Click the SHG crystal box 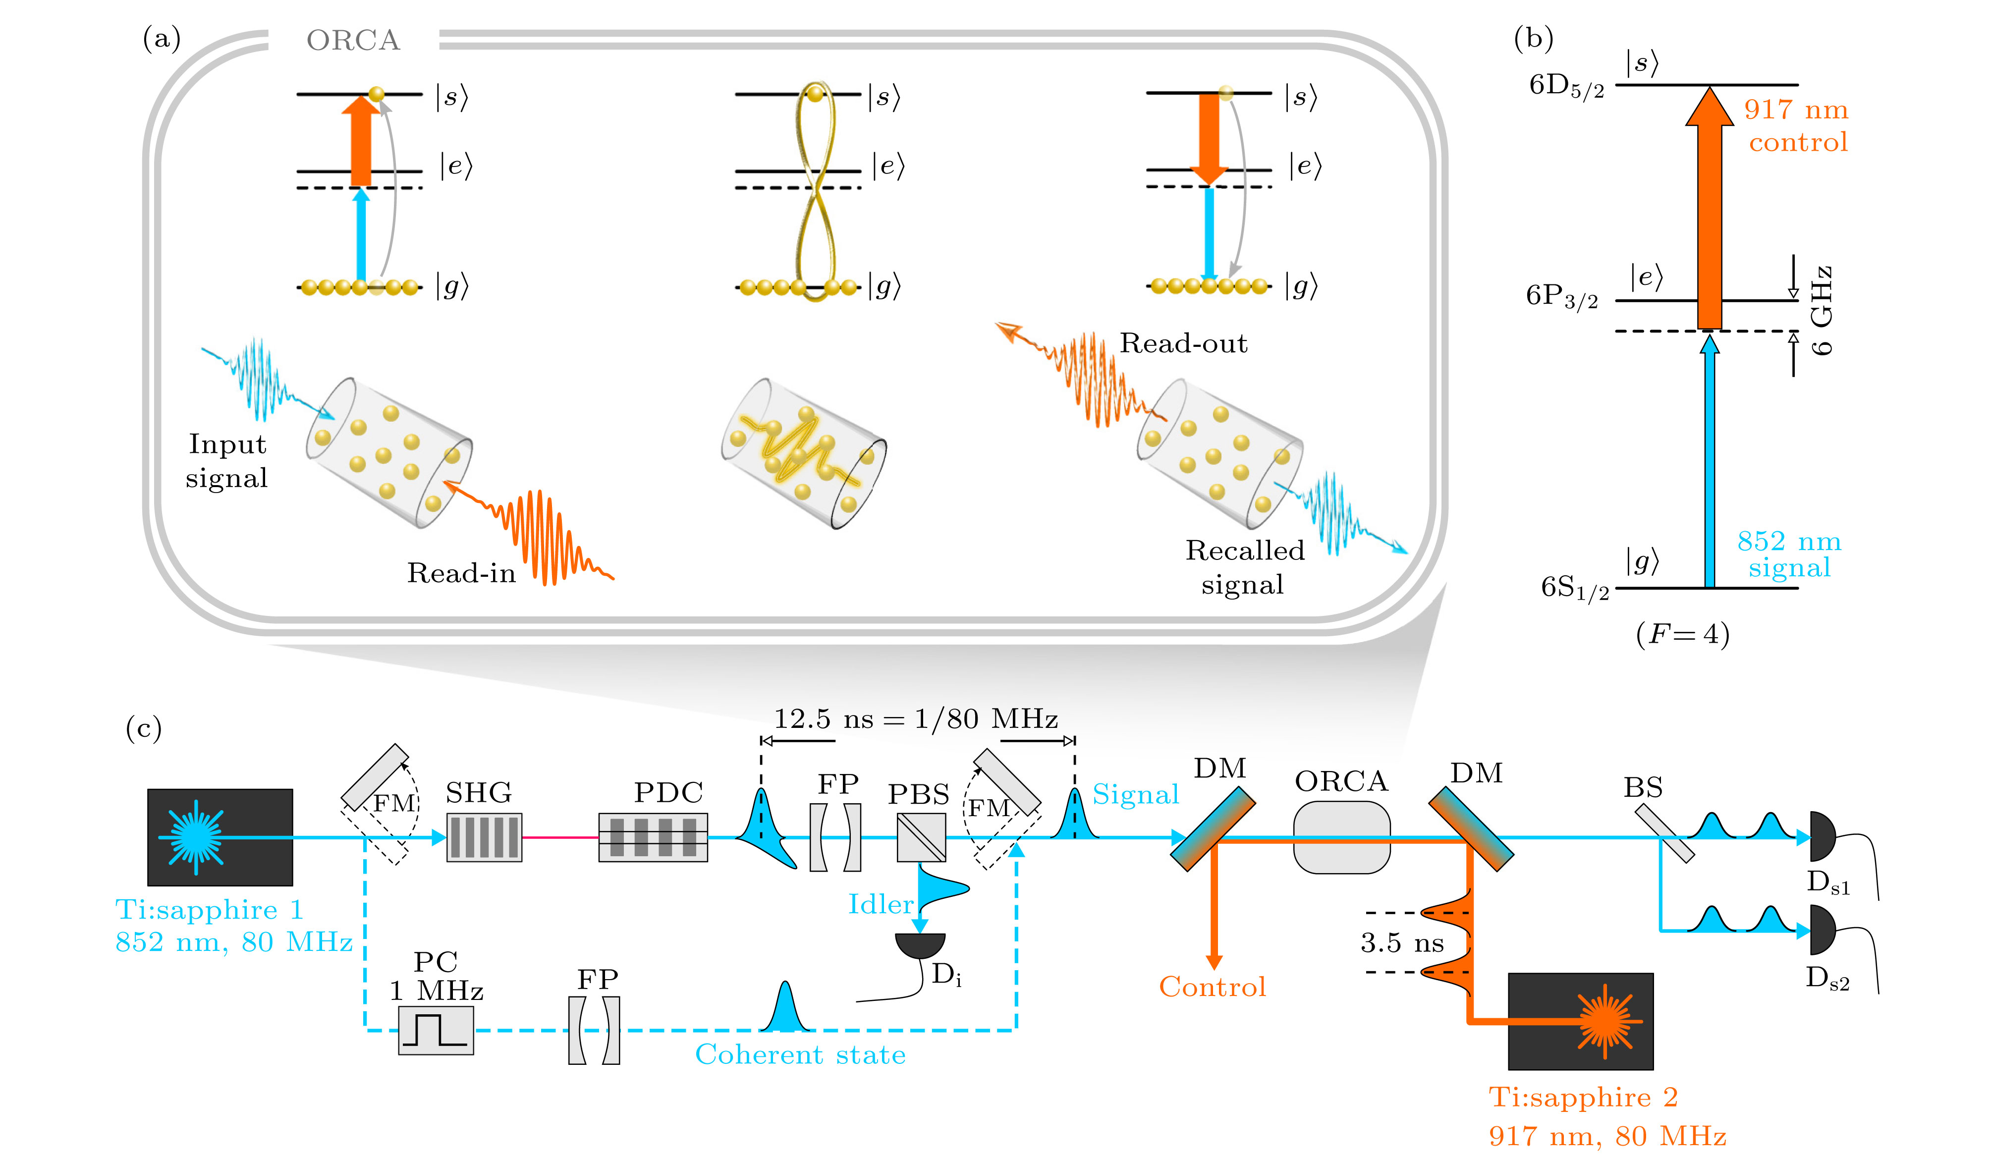pyautogui.click(x=483, y=837)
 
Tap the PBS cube pyautogui.click(x=921, y=837)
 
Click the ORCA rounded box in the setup pyautogui.click(x=1341, y=837)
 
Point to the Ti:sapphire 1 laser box pyautogui.click(x=220, y=837)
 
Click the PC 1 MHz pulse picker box pyautogui.click(x=435, y=1030)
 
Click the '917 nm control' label pyautogui.click(x=1797, y=125)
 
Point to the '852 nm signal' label pyautogui.click(x=1789, y=554)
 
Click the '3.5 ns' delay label pyautogui.click(x=1402, y=942)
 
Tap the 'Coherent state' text pyautogui.click(x=800, y=1055)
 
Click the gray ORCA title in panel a pyautogui.click(x=353, y=40)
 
